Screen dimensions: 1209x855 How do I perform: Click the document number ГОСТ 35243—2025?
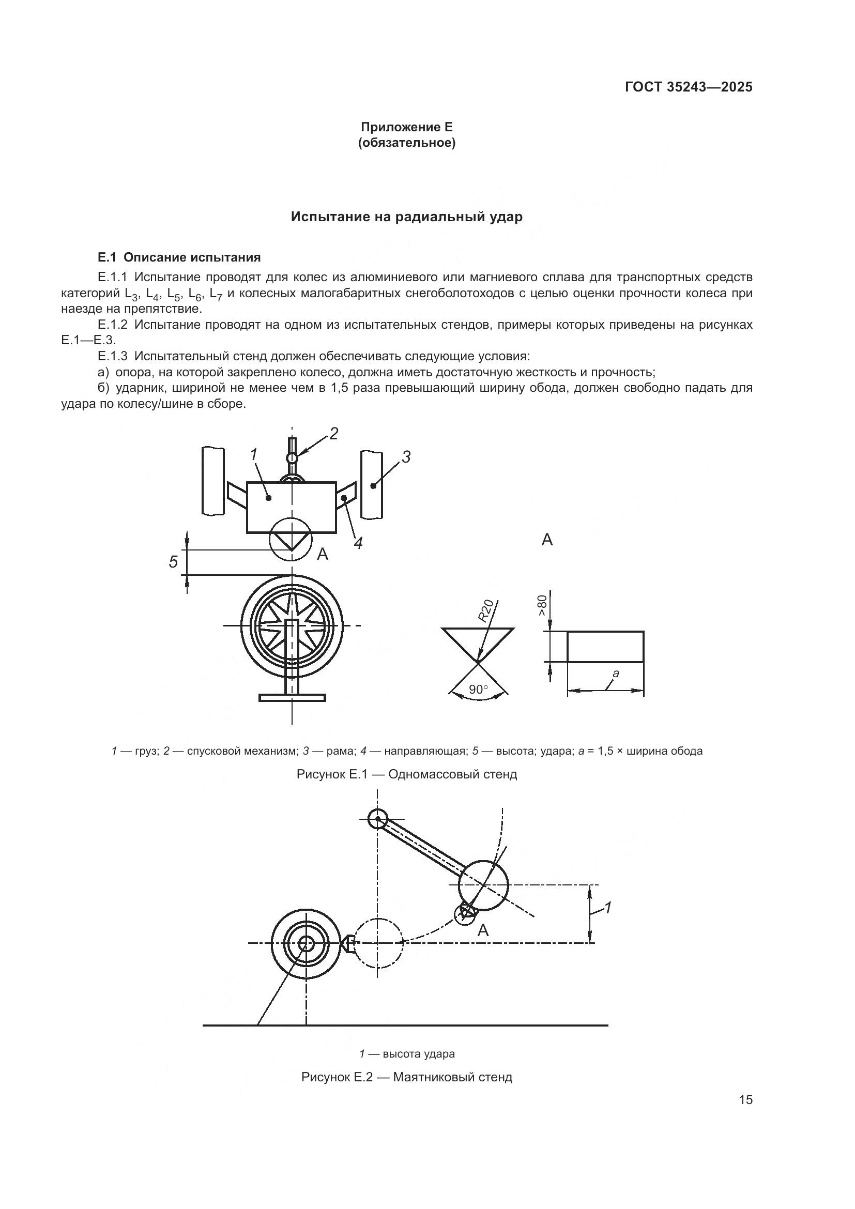tap(689, 87)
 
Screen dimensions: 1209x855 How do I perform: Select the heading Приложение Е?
tap(406, 127)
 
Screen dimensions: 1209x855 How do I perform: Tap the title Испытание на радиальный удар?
tap(406, 217)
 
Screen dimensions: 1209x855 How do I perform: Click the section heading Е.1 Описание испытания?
tap(179, 257)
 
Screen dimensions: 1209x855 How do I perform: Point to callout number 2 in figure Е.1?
tap(333, 433)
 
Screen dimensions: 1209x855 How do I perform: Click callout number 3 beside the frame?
tap(405, 457)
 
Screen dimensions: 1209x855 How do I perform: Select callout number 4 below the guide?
tap(358, 543)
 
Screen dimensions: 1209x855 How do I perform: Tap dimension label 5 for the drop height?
tap(173, 562)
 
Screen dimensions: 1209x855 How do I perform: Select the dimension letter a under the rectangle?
tap(616, 673)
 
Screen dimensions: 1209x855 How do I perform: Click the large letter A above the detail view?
tap(547, 540)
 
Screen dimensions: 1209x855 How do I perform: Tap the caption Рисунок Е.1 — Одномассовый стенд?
tap(406, 774)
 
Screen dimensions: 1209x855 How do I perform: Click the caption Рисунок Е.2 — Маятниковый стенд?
tap(406, 1077)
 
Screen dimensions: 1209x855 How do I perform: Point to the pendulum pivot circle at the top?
tap(377, 819)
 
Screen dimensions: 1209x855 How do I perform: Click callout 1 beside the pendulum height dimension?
tap(607, 907)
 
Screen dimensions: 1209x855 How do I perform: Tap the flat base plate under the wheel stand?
tap(292, 698)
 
